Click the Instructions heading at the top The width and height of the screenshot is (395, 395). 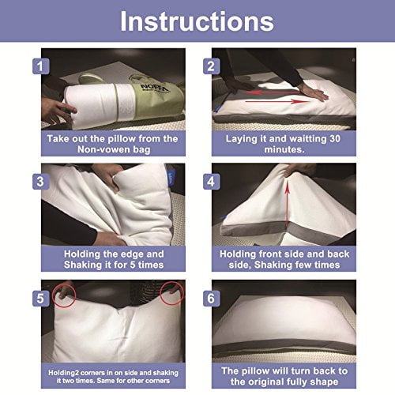click(x=197, y=21)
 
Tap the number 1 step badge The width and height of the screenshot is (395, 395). click(x=41, y=66)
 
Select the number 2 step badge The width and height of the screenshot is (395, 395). click(x=211, y=66)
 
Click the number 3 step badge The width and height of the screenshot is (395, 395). click(x=41, y=182)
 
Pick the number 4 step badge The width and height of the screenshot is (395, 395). click(x=211, y=182)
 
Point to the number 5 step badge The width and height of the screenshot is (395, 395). click(x=41, y=299)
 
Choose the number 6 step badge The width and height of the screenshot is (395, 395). click(x=211, y=299)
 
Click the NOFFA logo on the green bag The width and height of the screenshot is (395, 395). click(x=154, y=88)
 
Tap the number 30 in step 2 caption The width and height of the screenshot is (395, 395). click(x=335, y=139)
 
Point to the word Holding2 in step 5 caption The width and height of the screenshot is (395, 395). click(x=63, y=373)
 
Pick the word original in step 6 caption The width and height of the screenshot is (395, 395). click(x=285, y=382)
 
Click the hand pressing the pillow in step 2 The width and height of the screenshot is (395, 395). click(x=314, y=92)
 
